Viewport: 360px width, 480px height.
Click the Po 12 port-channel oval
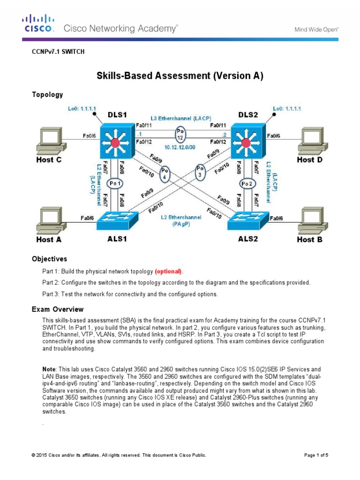(x=180, y=134)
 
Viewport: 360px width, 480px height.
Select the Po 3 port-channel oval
(x=201, y=171)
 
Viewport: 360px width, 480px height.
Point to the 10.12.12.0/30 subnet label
(x=180, y=148)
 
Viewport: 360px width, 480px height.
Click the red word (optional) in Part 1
(x=169, y=272)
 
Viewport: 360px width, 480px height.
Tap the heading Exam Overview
(x=58, y=309)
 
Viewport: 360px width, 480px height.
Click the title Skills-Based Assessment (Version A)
(x=180, y=76)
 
